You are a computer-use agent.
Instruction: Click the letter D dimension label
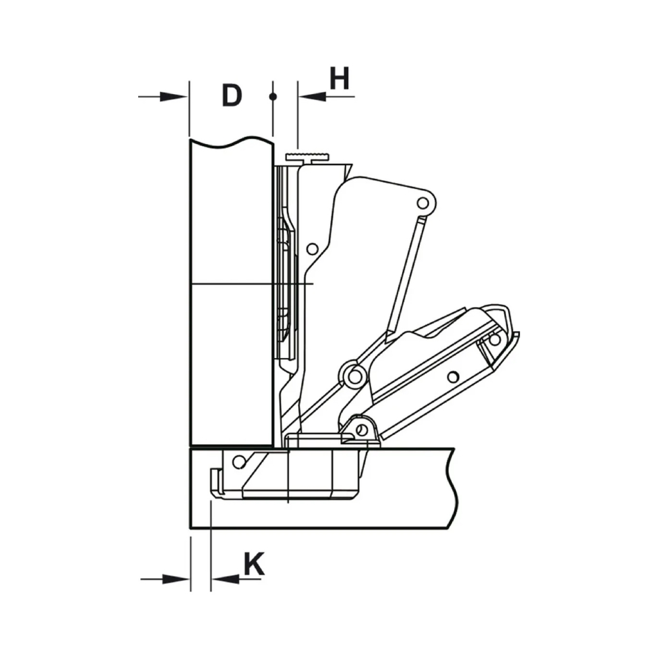pos(232,95)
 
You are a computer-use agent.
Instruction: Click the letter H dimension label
pos(340,78)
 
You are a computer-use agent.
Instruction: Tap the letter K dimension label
pos(254,564)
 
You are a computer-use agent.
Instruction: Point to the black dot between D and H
pos(273,97)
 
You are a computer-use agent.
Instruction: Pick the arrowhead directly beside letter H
pos(312,97)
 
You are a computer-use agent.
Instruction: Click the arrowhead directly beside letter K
pos(225,580)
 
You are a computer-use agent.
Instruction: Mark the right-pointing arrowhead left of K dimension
pos(176,580)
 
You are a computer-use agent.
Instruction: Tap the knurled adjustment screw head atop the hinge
pos(307,157)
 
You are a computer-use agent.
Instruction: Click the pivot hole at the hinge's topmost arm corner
pos(423,204)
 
